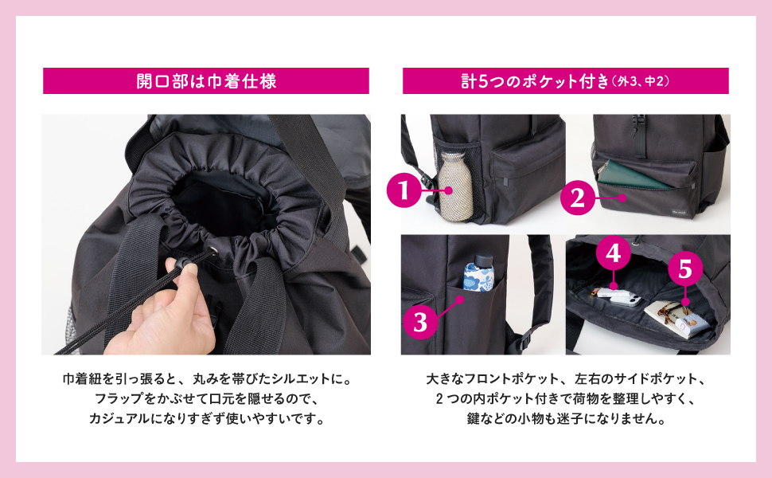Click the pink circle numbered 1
click(x=404, y=190)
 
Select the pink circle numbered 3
click(x=420, y=322)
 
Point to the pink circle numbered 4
click(x=612, y=254)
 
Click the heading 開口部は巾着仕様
click(x=206, y=81)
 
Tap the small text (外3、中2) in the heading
click(x=641, y=82)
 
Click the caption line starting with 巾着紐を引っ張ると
click(x=206, y=378)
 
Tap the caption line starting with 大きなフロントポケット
click(x=566, y=378)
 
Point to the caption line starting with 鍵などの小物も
click(x=566, y=418)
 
